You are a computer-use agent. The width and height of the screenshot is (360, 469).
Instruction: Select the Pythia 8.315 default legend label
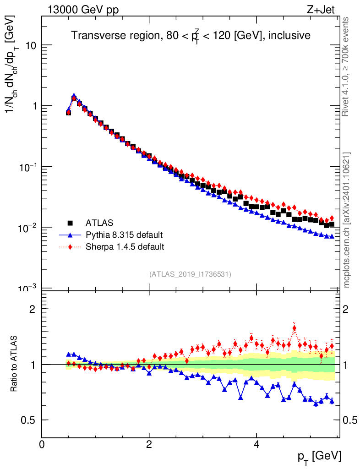[x=124, y=235]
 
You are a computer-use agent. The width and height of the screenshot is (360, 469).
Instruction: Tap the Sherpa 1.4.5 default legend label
[x=125, y=247]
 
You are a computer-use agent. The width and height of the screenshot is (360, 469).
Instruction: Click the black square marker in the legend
[x=71, y=223]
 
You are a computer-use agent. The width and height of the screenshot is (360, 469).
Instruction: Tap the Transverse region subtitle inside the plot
[x=191, y=35]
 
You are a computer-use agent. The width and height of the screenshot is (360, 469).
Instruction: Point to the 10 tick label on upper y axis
[x=31, y=45]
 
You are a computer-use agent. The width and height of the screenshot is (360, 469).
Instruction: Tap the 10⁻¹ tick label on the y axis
[x=28, y=167]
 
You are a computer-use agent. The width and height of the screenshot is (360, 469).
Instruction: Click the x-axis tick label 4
[x=256, y=444]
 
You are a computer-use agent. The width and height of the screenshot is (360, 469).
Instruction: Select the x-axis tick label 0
[x=42, y=444]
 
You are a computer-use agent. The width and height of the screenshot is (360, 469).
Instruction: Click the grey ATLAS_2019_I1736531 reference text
[x=190, y=274]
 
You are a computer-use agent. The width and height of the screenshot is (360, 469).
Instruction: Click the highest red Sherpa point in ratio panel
[x=294, y=328]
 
